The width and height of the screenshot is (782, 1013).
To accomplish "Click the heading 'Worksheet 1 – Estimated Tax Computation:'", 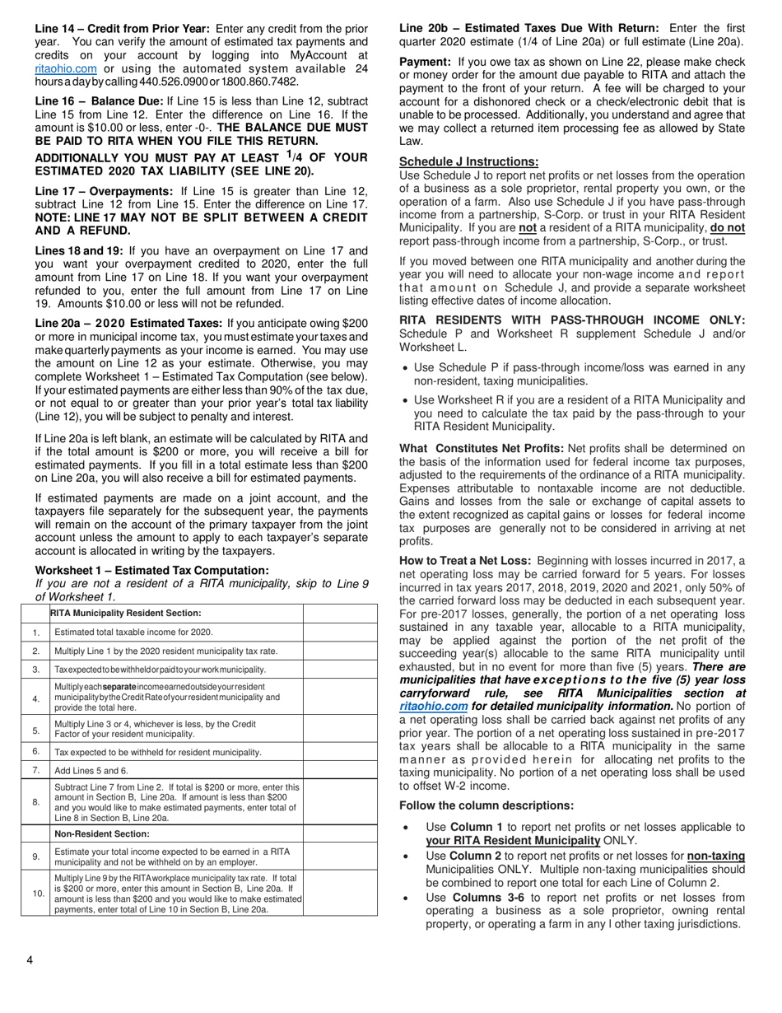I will click(151, 570).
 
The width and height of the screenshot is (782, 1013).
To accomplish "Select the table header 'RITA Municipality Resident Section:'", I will click(125, 613).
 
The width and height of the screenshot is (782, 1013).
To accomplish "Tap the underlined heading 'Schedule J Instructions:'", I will click(469, 162).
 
